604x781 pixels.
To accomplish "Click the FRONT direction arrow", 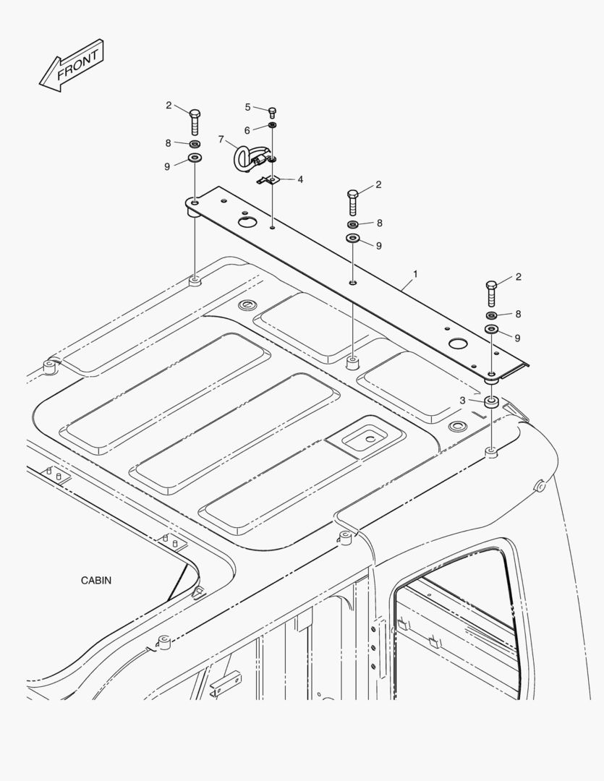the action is pyautogui.click(x=72, y=66).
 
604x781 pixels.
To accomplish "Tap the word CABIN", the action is pyautogui.click(x=96, y=580).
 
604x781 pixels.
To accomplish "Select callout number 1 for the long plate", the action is pyautogui.click(x=415, y=274).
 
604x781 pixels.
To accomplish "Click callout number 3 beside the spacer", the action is pyautogui.click(x=462, y=401).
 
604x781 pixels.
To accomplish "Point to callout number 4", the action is pyautogui.click(x=300, y=179).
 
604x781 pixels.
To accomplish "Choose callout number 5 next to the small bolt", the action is pyautogui.click(x=247, y=107).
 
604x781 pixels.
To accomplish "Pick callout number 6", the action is pyautogui.click(x=247, y=130).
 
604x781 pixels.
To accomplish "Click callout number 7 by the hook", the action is pyautogui.click(x=221, y=140).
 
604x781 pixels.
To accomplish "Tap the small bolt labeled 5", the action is pyautogui.click(x=272, y=112).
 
